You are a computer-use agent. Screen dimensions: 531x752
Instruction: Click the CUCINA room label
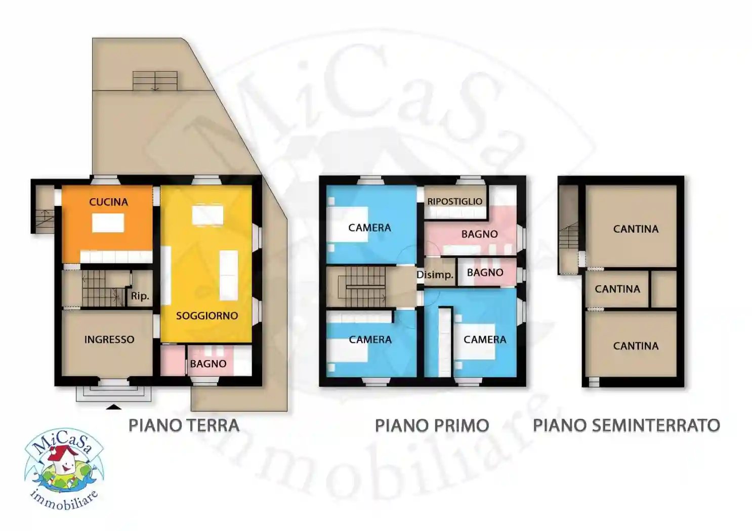tap(108, 202)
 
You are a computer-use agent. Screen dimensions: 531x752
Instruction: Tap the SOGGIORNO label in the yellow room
tap(206, 316)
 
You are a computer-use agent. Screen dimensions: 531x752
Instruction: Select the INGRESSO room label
tap(109, 340)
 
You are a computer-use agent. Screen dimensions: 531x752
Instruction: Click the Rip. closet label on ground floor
tap(140, 296)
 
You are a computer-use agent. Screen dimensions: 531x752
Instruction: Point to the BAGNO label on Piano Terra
tap(208, 364)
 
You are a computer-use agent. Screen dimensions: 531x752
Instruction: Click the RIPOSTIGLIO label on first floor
tap(454, 201)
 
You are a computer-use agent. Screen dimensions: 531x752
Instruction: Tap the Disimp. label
tap(435, 275)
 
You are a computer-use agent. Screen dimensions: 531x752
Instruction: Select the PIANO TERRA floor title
tap(184, 425)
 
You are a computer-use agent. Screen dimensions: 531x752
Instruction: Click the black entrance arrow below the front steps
tap(113, 406)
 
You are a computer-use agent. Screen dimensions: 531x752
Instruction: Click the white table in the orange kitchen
tap(108, 223)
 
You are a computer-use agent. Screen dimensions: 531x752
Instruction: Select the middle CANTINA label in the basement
tap(617, 289)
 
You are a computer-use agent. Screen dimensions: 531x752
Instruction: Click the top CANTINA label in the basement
tap(636, 229)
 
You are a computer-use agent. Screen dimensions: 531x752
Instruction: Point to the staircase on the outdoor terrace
tap(155, 81)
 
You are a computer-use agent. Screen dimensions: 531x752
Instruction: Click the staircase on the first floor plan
tap(364, 287)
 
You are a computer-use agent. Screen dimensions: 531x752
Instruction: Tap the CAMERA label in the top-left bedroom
tap(369, 228)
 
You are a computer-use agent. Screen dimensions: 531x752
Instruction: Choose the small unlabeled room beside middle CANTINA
tap(663, 289)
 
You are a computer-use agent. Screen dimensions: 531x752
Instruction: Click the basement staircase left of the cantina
tap(569, 238)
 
